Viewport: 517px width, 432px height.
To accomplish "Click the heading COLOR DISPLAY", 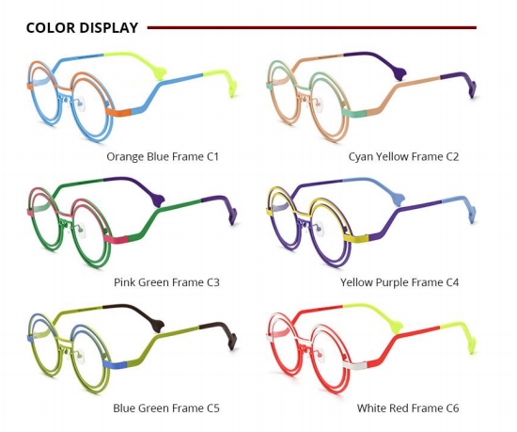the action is pos(82,27).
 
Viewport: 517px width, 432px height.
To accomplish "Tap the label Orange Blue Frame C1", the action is pos(163,156).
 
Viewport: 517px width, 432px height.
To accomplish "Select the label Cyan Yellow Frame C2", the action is pos(403,156).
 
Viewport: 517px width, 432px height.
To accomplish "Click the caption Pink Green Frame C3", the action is pos(166,282).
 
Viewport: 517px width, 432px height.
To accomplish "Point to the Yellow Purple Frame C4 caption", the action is pos(399,282).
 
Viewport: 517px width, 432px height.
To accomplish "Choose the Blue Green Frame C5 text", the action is pos(166,408).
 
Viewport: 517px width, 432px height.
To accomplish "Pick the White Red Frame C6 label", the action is pos(408,408).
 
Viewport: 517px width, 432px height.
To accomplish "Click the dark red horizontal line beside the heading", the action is pos(311,27).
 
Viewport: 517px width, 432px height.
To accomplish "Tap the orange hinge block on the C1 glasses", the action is pos(118,112).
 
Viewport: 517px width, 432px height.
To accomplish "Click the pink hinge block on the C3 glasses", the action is pos(116,239).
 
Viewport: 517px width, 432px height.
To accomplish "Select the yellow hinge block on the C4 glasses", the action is pos(356,237).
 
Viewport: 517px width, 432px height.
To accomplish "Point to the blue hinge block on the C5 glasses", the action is pos(115,364).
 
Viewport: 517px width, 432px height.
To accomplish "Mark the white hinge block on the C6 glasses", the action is pos(354,365).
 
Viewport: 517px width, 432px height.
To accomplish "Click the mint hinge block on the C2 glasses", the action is pos(354,113).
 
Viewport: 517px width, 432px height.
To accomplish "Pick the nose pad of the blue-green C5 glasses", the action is pos(80,356).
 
